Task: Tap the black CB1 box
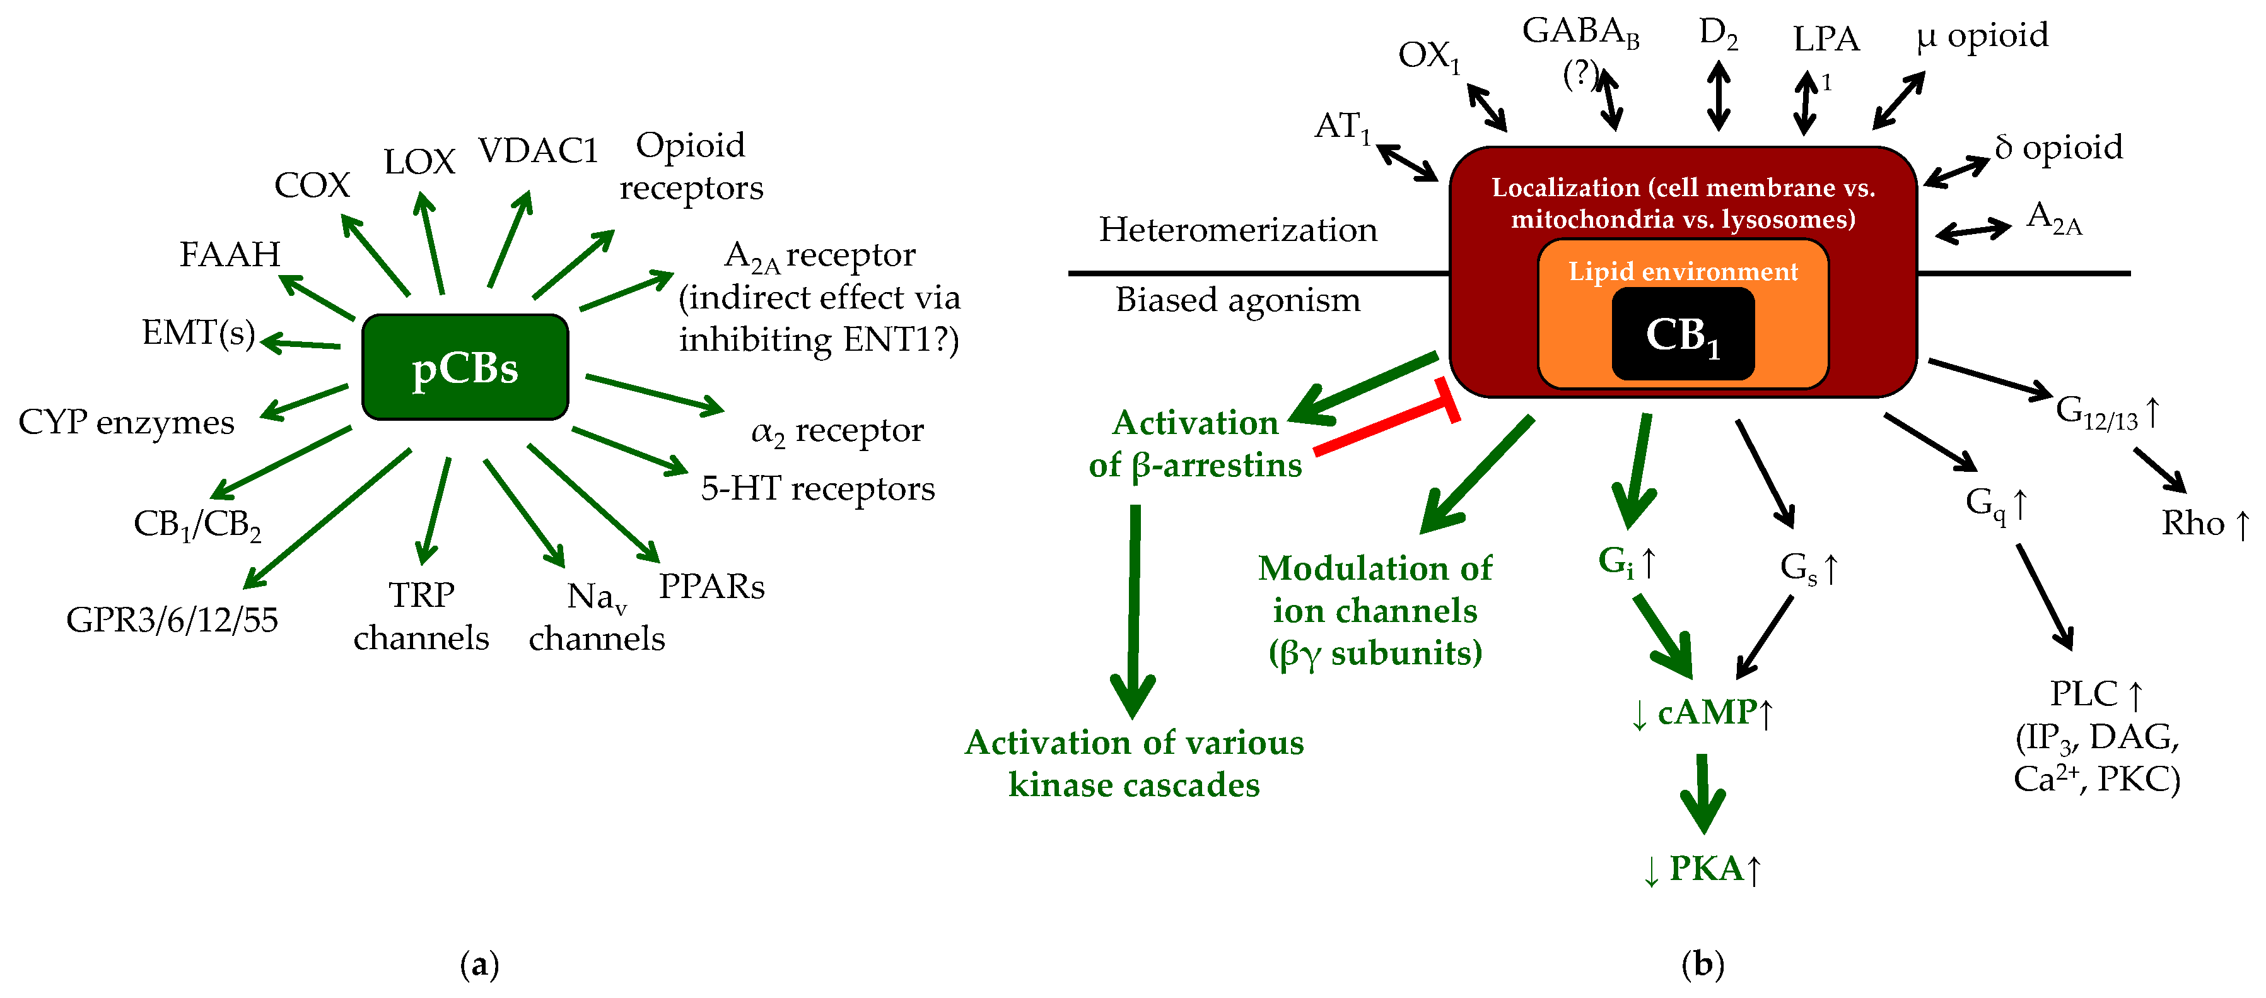click(x=1682, y=334)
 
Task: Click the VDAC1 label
click(x=537, y=151)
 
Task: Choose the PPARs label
click(x=711, y=586)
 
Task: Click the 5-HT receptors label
click(x=817, y=488)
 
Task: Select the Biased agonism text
click(x=1237, y=300)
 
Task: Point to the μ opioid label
click(x=1981, y=35)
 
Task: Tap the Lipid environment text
click(x=1682, y=271)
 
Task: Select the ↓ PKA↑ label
click(x=1702, y=869)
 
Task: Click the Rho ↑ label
click(x=2204, y=523)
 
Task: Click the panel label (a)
click(x=479, y=965)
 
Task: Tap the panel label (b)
click(x=1702, y=965)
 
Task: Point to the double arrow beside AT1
click(x=1406, y=163)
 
